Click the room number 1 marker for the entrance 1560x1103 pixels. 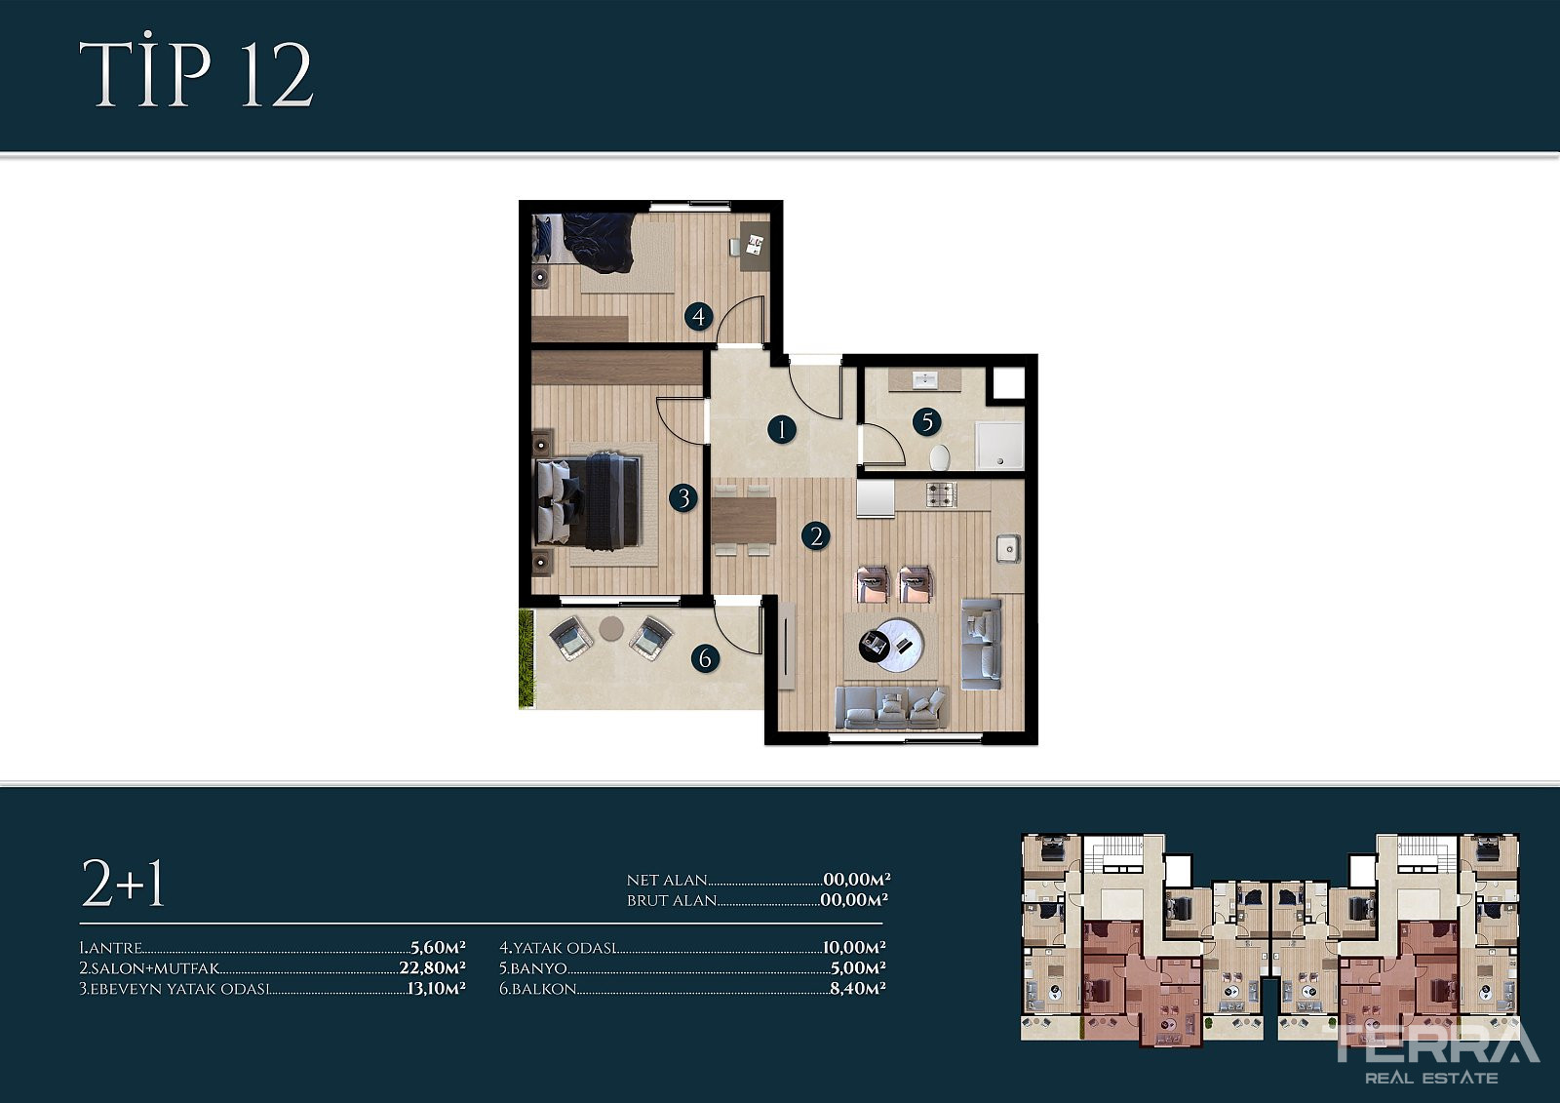pos(781,429)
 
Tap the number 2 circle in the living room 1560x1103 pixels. pos(815,535)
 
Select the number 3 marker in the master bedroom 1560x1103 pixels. pos(683,498)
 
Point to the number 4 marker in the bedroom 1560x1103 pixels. pos(698,316)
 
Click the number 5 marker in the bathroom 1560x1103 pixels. pos(927,421)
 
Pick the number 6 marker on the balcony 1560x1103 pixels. pos(706,658)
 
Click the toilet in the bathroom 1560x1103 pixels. pos(940,457)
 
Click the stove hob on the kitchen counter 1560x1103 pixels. pos(942,494)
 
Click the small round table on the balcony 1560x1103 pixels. pos(611,628)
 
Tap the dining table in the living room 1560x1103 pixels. pos(744,521)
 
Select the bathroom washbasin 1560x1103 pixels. pos(925,380)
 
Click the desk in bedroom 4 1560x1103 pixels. pos(755,246)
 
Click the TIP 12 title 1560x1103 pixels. pos(196,74)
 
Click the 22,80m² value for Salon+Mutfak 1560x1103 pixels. pos(432,967)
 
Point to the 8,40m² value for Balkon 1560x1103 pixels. pos(857,988)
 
